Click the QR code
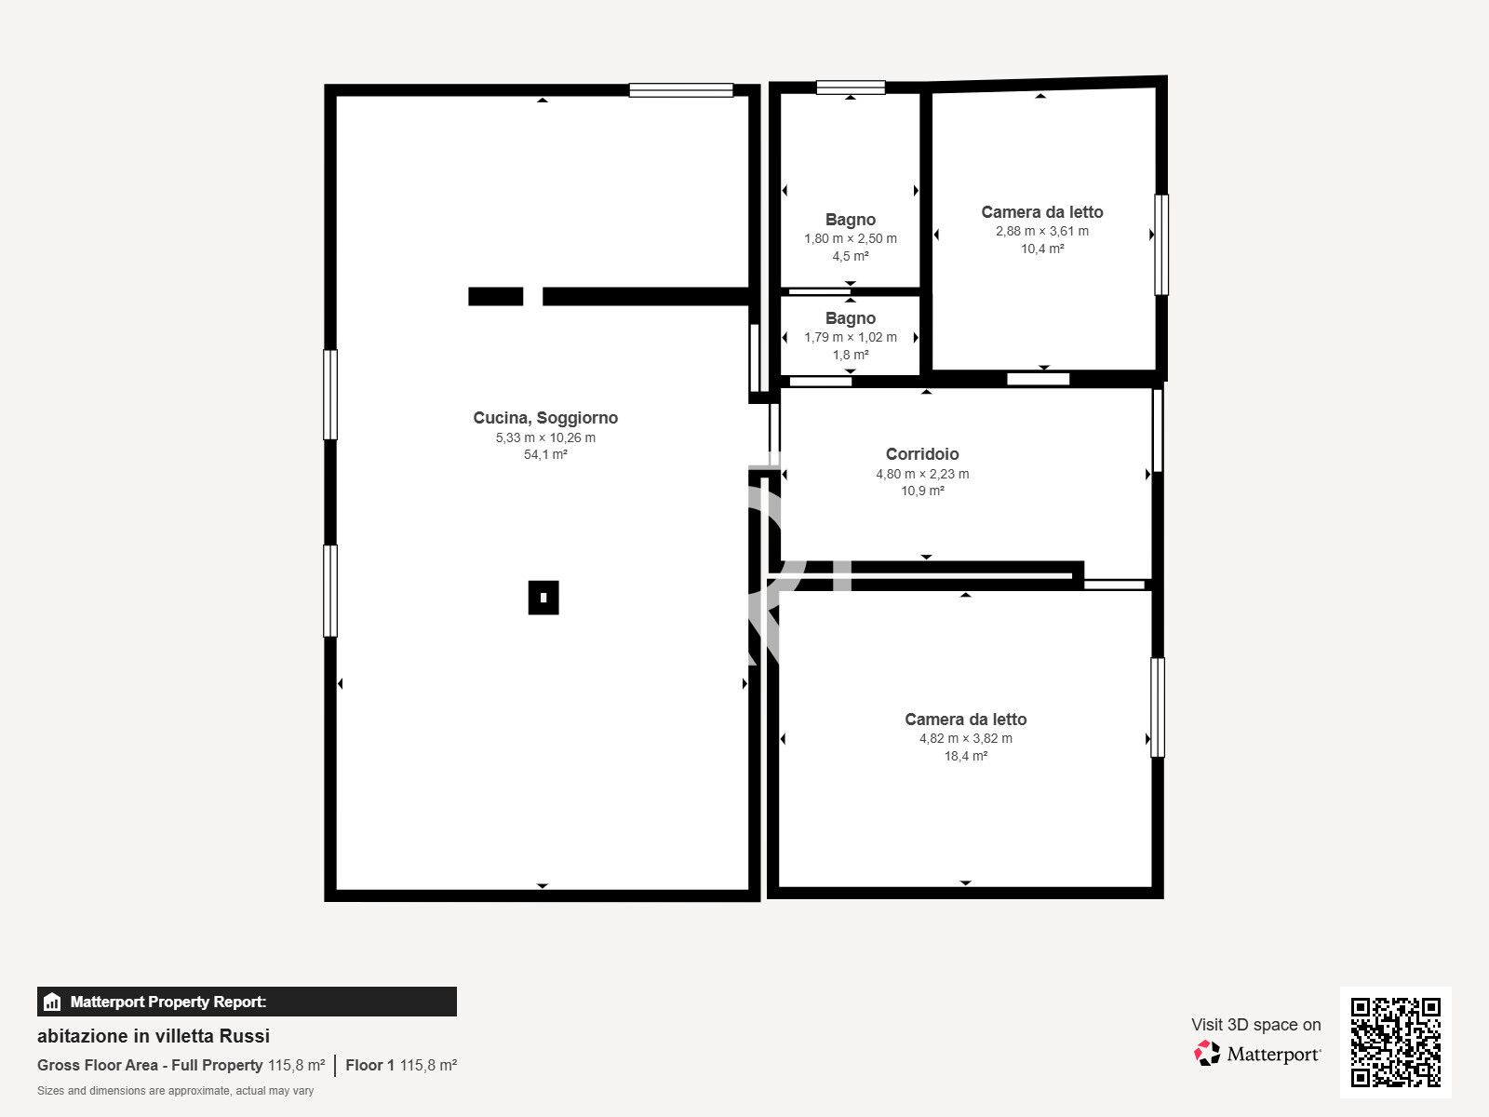[x=1395, y=1043]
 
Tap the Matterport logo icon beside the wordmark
[x=1207, y=1054]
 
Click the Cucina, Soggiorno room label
[x=545, y=418]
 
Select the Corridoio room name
[x=922, y=453]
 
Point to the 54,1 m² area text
[x=545, y=454]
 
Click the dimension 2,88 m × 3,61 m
[x=1042, y=231]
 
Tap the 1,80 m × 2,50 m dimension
[x=851, y=238]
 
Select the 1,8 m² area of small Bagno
[x=851, y=355]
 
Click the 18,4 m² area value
[x=966, y=756]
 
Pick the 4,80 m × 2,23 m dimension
[x=922, y=474]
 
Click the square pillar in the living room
[x=543, y=598]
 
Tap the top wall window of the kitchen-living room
[x=681, y=90]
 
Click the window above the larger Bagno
[x=851, y=87]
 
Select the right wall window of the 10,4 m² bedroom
[x=1161, y=245]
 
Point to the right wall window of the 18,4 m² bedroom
[x=1158, y=707]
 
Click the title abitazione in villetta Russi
[x=154, y=1036]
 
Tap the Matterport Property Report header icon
[x=52, y=1002]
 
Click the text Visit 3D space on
[x=1255, y=1025]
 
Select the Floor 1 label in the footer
[x=369, y=1065]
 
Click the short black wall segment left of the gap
[x=496, y=296]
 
